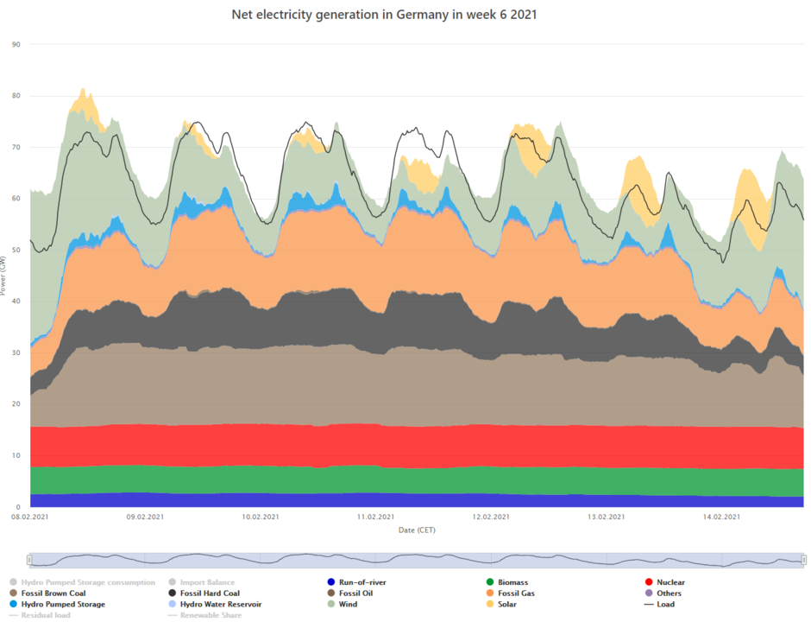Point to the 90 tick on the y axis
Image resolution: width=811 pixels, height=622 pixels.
point(16,44)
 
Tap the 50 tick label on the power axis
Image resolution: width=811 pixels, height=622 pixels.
point(16,250)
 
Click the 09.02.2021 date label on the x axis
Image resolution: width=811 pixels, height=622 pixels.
point(145,517)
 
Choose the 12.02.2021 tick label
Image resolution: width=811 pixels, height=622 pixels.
point(491,517)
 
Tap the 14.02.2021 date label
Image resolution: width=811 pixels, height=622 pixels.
point(721,517)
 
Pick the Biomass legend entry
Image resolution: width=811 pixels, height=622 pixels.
point(513,582)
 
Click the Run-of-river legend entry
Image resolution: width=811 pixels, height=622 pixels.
point(361,582)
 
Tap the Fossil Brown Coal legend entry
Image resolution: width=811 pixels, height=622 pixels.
point(53,593)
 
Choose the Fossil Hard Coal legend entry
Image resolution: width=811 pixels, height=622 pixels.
point(204,593)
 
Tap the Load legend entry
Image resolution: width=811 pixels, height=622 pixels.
point(665,604)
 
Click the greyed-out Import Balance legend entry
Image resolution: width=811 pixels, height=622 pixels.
point(207,582)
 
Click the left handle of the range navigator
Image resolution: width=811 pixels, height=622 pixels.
point(28,560)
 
